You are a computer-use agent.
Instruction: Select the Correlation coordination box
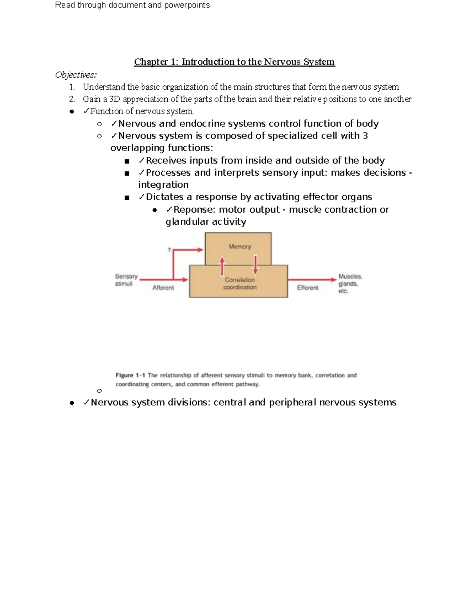(239, 284)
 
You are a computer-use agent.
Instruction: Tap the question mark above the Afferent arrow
(169, 250)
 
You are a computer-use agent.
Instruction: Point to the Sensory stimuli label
(126, 280)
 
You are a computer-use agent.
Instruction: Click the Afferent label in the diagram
(163, 288)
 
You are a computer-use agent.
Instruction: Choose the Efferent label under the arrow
(308, 288)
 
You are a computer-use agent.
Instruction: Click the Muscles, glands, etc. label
(350, 284)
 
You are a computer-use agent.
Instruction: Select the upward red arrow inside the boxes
(222, 266)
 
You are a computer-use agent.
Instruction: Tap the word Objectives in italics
(75, 75)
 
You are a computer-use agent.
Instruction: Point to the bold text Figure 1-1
(130, 375)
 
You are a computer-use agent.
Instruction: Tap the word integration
(163, 185)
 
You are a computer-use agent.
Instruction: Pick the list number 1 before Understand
(71, 87)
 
